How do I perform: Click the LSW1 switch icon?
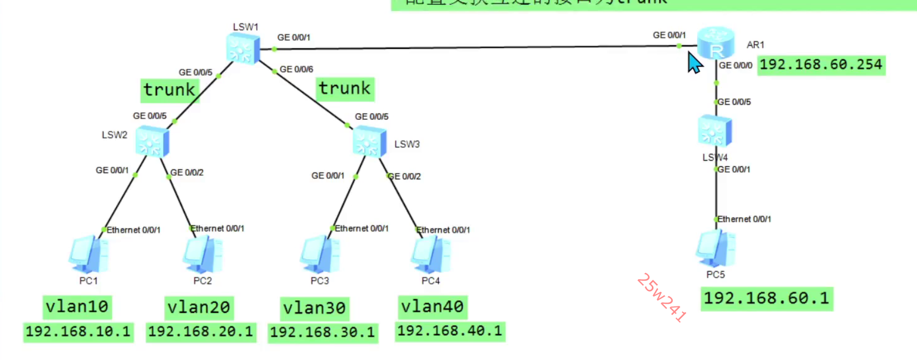pyautogui.click(x=243, y=48)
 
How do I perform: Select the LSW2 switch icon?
pyautogui.click(x=152, y=142)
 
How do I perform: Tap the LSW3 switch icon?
pyautogui.click(x=370, y=142)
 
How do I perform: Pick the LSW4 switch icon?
pyautogui.click(x=714, y=131)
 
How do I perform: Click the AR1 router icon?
pyautogui.click(x=715, y=42)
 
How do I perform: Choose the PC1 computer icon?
pyautogui.click(x=88, y=255)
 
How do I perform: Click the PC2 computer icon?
pyautogui.click(x=202, y=255)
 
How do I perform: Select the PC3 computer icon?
pyautogui.click(x=319, y=255)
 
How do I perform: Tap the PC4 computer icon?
pyautogui.click(x=430, y=255)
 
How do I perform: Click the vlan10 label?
pyautogui.click(x=77, y=306)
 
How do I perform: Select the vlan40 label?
pyautogui.click(x=432, y=306)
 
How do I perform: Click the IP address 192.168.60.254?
pyautogui.click(x=821, y=65)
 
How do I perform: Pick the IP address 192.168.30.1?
pyautogui.click(x=322, y=332)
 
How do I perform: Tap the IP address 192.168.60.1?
pyautogui.click(x=766, y=299)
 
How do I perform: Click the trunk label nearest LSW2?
pyautogui.click(x=169, y=90)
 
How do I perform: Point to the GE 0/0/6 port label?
pyautogui.click(x=297, y=69)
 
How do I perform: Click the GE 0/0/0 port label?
pyautogui.click(x=735, y=66)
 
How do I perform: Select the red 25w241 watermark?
pyautogui.click(x=661, y=297)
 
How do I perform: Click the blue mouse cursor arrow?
pyautogui.click(x=694, y=63)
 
